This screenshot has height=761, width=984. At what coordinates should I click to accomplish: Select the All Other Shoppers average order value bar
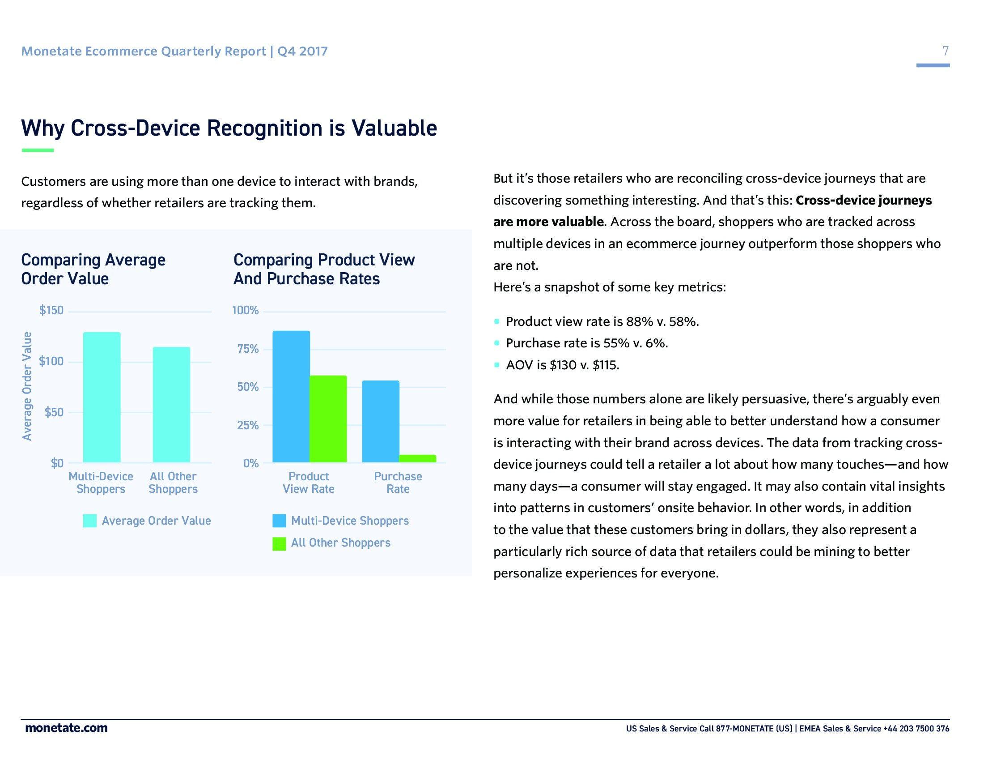tap(171, 404)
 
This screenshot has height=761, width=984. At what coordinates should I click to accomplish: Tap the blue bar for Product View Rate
tap(291, 396)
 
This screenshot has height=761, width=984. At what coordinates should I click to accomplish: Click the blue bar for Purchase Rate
tap(381, 421)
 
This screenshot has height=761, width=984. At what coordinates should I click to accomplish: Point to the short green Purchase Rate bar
tap(418, 458)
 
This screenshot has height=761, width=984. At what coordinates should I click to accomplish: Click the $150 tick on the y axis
tap(51, 310)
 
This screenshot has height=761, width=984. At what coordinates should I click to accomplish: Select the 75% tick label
tap(248, 349)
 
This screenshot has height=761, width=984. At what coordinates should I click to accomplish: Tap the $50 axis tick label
tap(54, 412)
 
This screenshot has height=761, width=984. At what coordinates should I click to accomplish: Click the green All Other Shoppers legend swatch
tap(280, 543)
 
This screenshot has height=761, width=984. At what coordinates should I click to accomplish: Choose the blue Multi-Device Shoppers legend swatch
tap(280, 521)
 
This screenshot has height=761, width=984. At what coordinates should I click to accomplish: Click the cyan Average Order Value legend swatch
tap(89, 521)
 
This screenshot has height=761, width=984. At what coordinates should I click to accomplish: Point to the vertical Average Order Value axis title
tap(27, 386)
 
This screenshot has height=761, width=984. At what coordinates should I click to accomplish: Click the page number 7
tap(945, 51)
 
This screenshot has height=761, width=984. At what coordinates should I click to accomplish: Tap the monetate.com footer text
tap(66, 728)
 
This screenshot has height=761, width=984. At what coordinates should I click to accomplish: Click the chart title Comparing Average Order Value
tap(93, 269)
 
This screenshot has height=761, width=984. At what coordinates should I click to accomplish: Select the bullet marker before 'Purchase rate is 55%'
tap(497, 343)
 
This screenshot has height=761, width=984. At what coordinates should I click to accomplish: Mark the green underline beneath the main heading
tap(38, 150)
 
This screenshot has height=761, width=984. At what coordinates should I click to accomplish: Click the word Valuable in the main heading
tap(394, 128)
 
